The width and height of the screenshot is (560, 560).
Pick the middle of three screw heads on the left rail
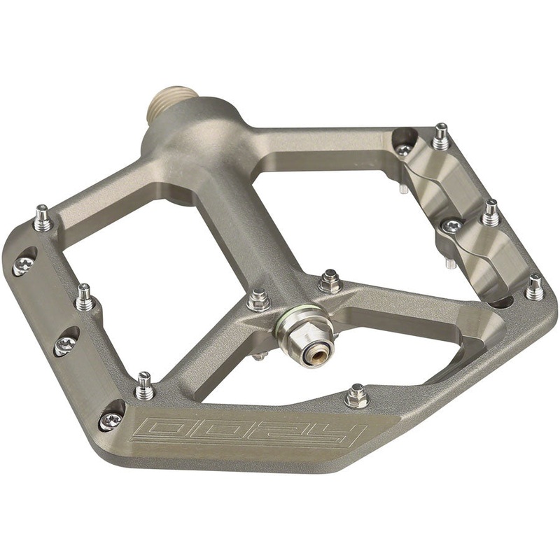pos(64,344)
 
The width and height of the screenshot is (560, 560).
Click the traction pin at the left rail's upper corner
pos(43,218)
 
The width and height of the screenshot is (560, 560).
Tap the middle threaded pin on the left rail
pos(85,297)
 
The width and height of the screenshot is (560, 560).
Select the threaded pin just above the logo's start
pos(144,386)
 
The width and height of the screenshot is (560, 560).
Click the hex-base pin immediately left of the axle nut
pos(258,300)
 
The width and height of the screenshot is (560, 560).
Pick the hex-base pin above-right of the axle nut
pos(329,281)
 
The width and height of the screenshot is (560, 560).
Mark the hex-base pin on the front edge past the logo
pos(356,396)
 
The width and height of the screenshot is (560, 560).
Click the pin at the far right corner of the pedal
pos(535,287)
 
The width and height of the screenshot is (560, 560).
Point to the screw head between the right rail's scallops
pos(452,225)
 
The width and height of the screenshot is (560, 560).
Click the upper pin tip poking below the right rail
pos(405,189)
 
